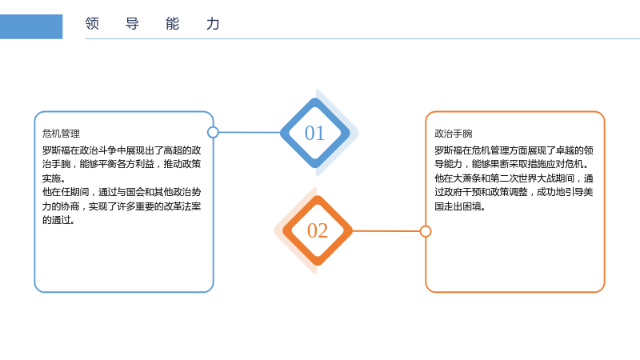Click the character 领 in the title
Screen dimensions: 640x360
[92, 24]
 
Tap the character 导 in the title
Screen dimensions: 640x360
[132, 24]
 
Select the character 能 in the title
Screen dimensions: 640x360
[172, 24]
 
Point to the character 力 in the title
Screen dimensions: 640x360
[213, 24]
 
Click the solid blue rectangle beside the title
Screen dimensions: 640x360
[31, 26]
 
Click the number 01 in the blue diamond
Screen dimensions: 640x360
[314, 133]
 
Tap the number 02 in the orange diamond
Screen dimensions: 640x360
[318, 230]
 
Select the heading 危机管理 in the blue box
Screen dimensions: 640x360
[62, 134]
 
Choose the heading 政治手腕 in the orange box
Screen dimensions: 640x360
[454, 134]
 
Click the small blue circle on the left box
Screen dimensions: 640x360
[213, 132]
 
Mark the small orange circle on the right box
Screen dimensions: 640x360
[426, 231]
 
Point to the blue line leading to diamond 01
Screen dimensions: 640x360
[250, 132]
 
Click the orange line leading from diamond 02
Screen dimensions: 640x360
[386, 231]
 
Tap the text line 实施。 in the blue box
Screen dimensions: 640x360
[54, 178]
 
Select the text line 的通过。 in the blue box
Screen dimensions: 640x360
[58, 221]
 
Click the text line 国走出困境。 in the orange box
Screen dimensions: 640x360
[460, 206]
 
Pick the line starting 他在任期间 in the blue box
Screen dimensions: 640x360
[122, 192]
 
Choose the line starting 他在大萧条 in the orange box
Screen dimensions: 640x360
[514, 178]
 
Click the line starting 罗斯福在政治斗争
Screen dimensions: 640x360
[122, 150]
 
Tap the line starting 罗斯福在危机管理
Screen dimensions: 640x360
[514, 150]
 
